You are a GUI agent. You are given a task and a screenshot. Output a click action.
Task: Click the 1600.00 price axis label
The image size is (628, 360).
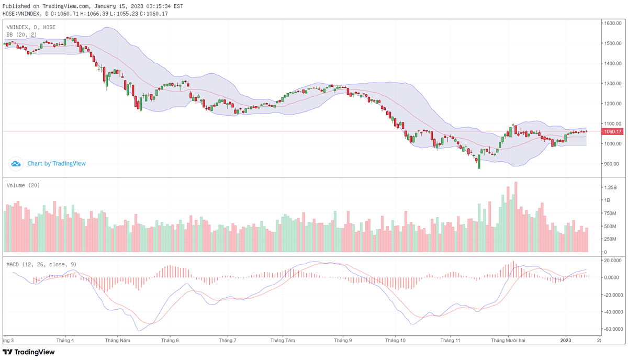pos(612,24)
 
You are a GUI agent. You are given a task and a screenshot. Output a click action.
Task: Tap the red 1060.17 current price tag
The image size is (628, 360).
pos(612,131)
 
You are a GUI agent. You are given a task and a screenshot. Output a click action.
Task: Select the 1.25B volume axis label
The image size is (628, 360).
pos(610,187)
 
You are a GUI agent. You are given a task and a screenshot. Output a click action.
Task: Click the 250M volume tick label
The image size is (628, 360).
pos(610,239)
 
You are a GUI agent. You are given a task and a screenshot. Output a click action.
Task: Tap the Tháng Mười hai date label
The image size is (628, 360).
pos(508,340)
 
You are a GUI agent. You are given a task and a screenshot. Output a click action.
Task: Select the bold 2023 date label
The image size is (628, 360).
pos(566,340)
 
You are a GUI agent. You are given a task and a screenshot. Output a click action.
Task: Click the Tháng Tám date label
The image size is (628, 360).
pos(283,340)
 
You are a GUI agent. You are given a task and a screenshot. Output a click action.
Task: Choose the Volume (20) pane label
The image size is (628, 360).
pos(23,185)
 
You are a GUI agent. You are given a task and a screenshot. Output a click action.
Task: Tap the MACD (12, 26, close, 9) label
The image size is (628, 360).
pos(41,264)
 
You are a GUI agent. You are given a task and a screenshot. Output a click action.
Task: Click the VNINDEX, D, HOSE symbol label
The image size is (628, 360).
pos(31,27)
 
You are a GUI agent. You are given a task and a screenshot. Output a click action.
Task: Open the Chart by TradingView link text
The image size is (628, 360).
pos(57,164)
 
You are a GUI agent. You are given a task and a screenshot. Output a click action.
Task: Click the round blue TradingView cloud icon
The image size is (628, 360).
pos(16,164)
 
